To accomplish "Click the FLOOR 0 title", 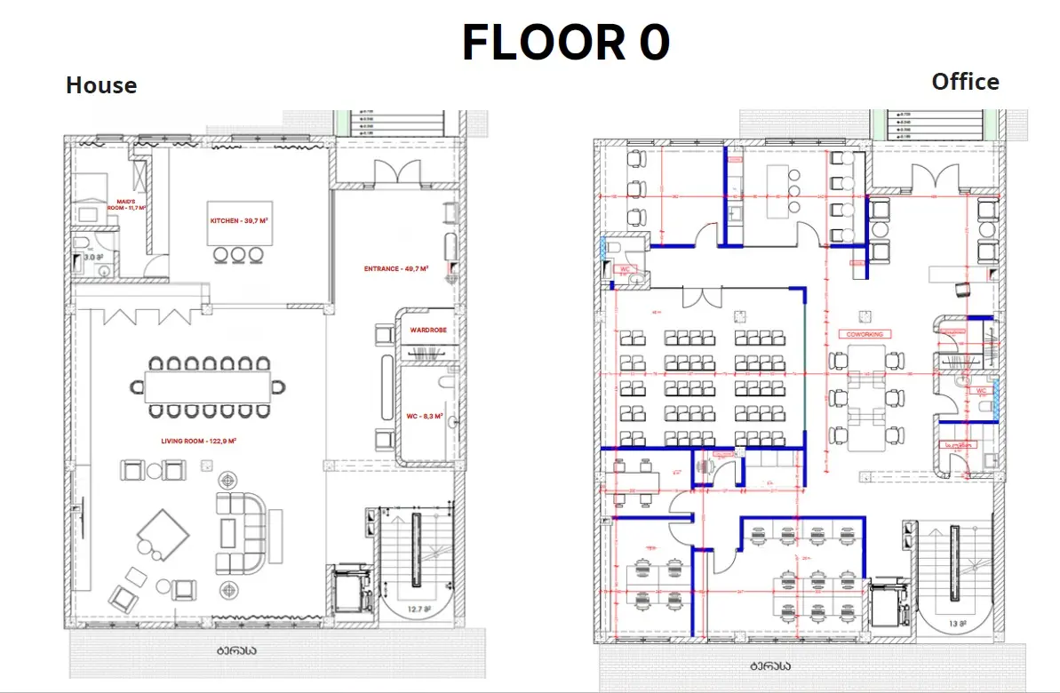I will coord(565,43).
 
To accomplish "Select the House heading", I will coord(101,86).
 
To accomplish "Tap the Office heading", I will coord(965,82).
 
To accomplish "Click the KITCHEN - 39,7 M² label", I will coord(236,220).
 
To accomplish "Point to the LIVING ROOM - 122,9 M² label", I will coord(197,442).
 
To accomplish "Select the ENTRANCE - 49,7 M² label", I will coord(396,267).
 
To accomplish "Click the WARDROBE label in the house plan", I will coord(428,331).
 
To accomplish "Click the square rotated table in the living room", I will coord(163,535).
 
